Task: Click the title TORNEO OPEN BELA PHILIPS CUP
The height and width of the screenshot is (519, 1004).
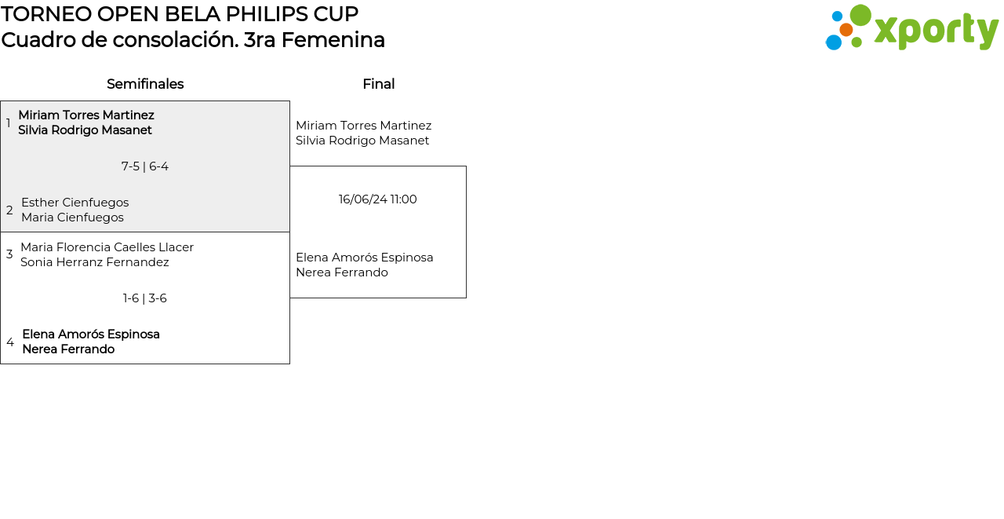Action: [180, 14]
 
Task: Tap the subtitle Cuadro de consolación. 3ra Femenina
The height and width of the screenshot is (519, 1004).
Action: [193, 40]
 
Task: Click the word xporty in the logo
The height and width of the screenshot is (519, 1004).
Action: [936, 30]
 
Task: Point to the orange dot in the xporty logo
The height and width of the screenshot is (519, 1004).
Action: [846, 30]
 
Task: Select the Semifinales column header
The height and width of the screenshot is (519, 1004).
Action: [145, 84]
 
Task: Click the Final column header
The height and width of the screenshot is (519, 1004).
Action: [378, 84]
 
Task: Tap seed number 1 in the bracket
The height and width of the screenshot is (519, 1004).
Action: [9, 123]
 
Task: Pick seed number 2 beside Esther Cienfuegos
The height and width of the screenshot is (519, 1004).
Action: [9, 210]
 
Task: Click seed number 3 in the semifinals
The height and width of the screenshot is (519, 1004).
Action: [9, 254]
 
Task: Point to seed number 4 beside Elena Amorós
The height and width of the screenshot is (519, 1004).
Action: [10, 342]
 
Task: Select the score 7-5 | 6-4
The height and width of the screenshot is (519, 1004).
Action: [145, 166]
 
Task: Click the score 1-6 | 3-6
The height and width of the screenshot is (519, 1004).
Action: [145, 298]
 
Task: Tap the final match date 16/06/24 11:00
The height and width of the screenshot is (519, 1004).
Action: [378, 199]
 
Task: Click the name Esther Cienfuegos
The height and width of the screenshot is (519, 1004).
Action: [75, 203]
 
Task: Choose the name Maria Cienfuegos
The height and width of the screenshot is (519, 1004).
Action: [72, 217]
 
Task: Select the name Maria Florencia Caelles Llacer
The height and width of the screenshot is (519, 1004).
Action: [107, 247]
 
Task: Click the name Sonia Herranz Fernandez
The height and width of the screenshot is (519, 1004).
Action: [95, 262]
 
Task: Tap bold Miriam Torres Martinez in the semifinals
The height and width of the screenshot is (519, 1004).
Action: [86, 115]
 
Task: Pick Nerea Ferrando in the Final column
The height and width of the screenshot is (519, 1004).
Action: [342, 272]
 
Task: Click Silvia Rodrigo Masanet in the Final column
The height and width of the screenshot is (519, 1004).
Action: [362, 141]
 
